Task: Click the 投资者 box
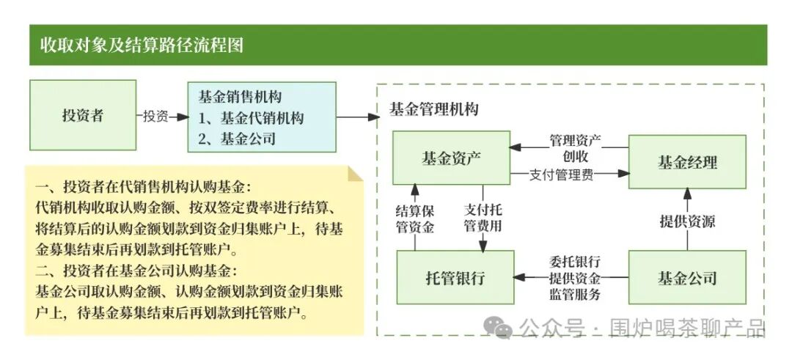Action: pyautogui.click(x=83, y=115)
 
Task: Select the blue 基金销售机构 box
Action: pyautogui.click(x=262, y=117)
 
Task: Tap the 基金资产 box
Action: pyautogui.click(x=452, y=158)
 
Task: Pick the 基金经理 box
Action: pyautogui.click(x=687, y=162)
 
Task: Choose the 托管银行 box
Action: pyautogui.click(x=455, y=278)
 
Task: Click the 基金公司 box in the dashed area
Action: pyautogui.click(x=687, y=278)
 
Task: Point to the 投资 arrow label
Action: pyautogui.click(x=155, y=116)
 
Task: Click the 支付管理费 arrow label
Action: pyautogui.click(x=561, y=175)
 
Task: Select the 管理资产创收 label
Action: pyautogui.click(x=576, y=147)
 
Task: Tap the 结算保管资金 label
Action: pyautogui.click(x=414, y=218)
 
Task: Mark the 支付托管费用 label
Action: pyautogui.click(x=483, y=218)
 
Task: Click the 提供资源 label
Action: pyautogui.click(x=687, y=221)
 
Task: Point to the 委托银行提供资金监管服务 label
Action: pyautogui.click(x=575, y=278)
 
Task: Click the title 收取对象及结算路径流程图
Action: pyautogui.click(x=142, y=45)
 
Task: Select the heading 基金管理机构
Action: pyautogui.click(x=434, y=109)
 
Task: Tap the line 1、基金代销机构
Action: pyautogui.click(x=251, y=117)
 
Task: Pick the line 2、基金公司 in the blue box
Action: pyautogui.click(x=237, y=138)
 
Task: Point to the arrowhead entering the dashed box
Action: pyautogui.click(x=374, y=117)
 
